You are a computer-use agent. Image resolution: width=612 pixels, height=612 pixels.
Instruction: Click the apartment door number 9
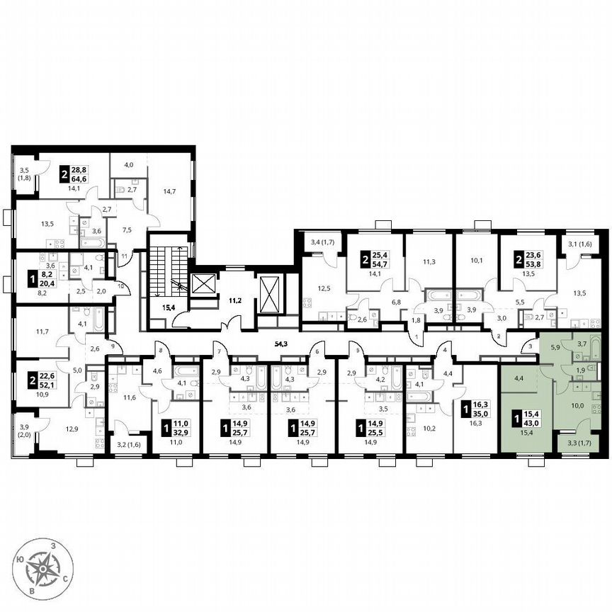(x=110, y=346)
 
